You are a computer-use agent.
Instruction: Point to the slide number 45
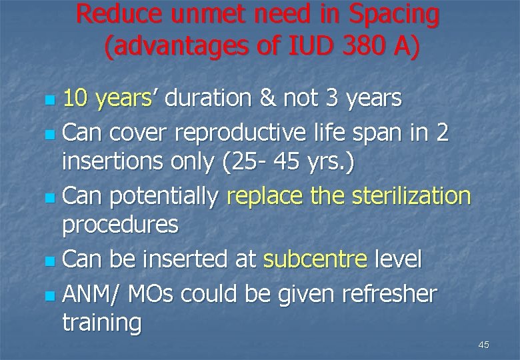(483, 345)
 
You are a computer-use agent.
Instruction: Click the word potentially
(163, 197)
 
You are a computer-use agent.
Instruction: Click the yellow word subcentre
(315, 259)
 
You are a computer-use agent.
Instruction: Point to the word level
(398, 259)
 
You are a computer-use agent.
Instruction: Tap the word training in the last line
(101, 324)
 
